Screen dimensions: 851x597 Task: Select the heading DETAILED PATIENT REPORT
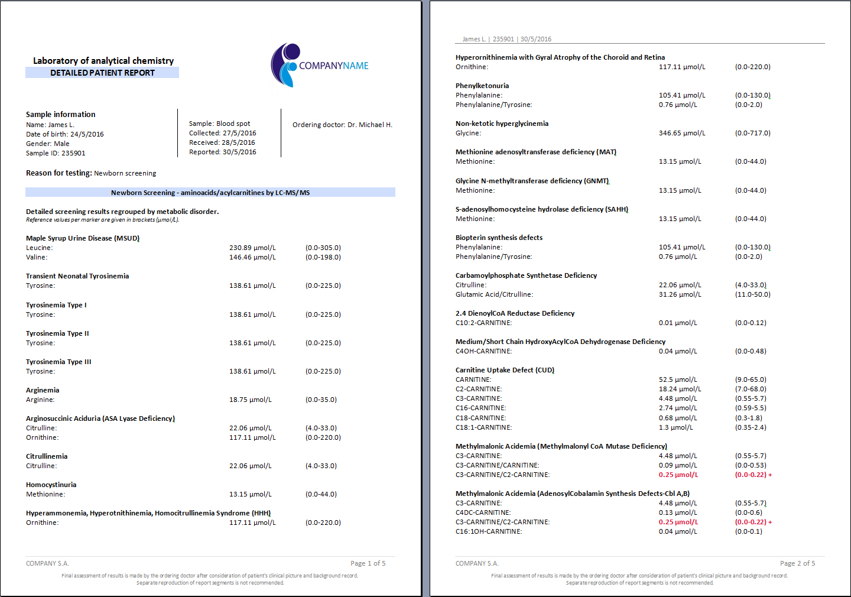tap(102, 73)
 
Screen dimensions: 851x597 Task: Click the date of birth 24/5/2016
tap(87, 134)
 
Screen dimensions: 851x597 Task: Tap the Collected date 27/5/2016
tap(239, 133)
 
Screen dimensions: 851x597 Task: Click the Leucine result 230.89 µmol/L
tap(252, 248)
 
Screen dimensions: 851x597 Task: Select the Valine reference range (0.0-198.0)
tap(323, 257)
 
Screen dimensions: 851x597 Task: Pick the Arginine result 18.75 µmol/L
tap(251, 400)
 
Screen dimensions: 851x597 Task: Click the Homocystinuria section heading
tap(51, 485)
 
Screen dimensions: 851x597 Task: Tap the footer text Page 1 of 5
tap(368, 563)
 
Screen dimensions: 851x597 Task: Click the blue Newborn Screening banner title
tap(210, 193)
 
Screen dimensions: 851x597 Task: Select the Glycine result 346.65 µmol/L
tap(682, 133)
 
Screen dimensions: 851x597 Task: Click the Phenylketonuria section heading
tap(482, 86)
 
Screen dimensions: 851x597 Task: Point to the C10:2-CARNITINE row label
tap(483, 323)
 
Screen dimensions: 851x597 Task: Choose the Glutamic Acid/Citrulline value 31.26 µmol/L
tap(680, 294)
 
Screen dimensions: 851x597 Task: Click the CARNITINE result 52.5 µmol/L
tap(678, 379)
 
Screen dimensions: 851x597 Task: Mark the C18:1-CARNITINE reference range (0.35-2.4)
tap(751, 427)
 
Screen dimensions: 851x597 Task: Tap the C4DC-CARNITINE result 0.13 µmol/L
tap(678, 512)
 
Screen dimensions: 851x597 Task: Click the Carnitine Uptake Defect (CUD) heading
tap(505, 370)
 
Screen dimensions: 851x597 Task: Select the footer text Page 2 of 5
tap(797, 563)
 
